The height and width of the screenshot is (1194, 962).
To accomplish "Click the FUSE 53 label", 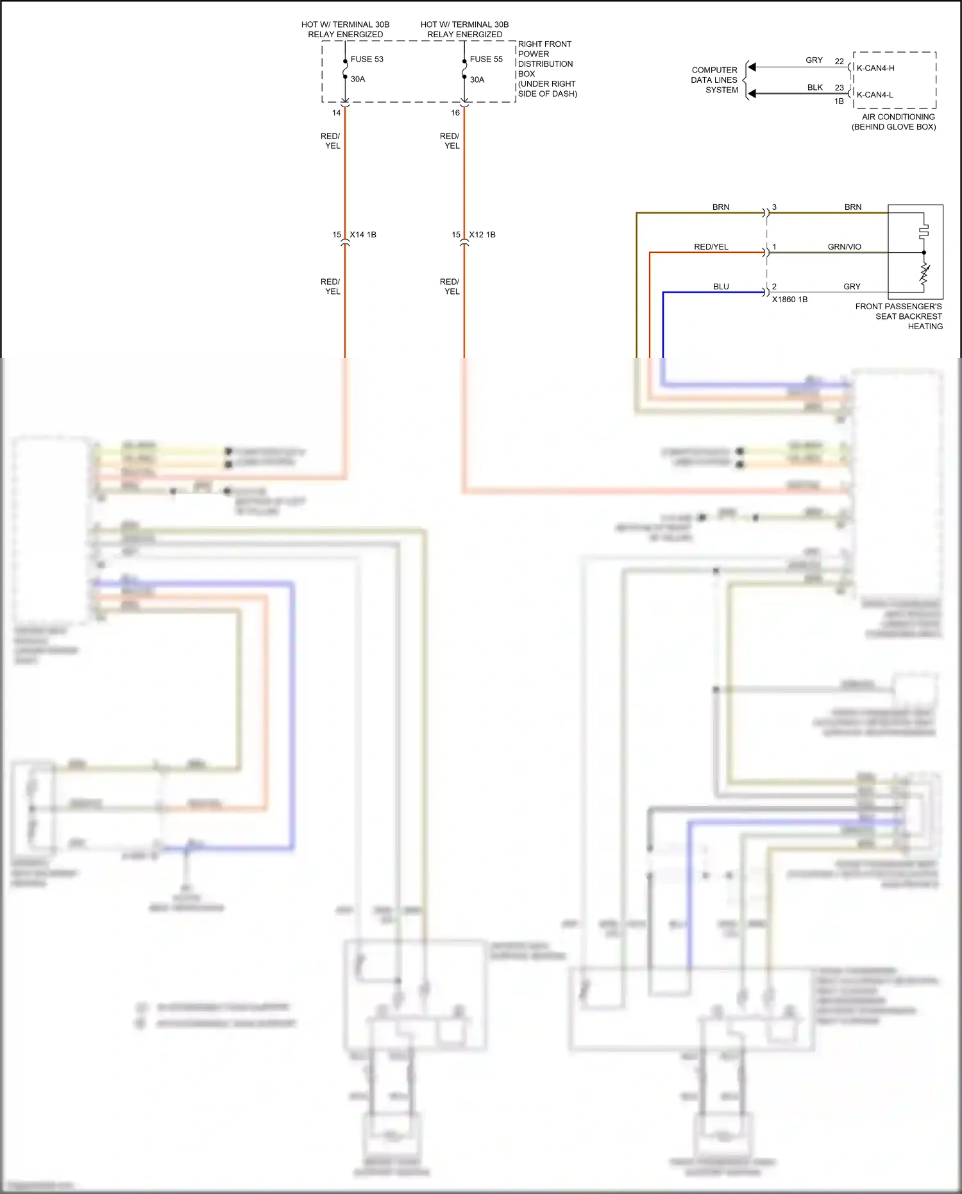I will (366, 59).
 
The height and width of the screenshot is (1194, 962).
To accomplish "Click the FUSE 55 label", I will (485, 59).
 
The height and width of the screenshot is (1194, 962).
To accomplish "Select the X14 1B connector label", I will (362, 235).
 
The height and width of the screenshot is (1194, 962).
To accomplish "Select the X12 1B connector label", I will (482, 235).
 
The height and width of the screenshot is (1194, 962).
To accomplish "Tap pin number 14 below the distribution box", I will (336, 113).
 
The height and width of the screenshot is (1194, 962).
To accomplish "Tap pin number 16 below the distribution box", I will (455, 113).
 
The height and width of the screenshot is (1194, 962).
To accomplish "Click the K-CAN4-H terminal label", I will (875, 68).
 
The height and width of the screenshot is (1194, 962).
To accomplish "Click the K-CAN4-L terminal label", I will (874, 95).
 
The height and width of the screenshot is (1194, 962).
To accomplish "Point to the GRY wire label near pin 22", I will (814, 60).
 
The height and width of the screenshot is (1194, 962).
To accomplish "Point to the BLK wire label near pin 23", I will (814, 88).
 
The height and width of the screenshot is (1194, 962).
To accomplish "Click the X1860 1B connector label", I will (789, 300).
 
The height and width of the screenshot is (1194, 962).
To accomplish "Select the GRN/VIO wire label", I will (844, 247).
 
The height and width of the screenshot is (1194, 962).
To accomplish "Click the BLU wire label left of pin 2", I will (721, 287).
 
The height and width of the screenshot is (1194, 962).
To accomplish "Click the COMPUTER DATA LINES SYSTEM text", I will (714, 80).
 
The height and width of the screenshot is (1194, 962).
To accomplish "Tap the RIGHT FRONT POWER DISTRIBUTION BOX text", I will (546, 69).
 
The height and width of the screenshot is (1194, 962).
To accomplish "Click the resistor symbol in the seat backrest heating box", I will (924, 274).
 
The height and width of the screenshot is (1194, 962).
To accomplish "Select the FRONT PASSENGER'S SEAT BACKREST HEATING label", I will (899, 316).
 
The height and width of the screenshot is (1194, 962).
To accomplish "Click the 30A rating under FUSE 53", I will (357, 80).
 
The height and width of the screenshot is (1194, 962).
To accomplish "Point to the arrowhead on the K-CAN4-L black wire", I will (752, 94).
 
